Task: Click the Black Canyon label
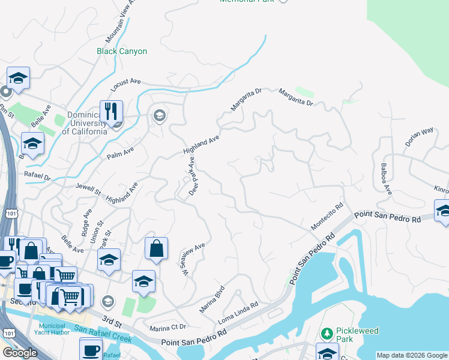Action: [x=122, y=52]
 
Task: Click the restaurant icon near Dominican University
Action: [x=111, y=111]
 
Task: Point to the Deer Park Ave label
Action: [x=193, y=176]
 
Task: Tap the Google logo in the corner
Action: [x=19, y=353]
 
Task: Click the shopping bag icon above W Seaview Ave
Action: [x=156, y=249]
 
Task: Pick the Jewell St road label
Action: [x=88, y=189]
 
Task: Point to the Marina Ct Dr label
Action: [x=168, y=328]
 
